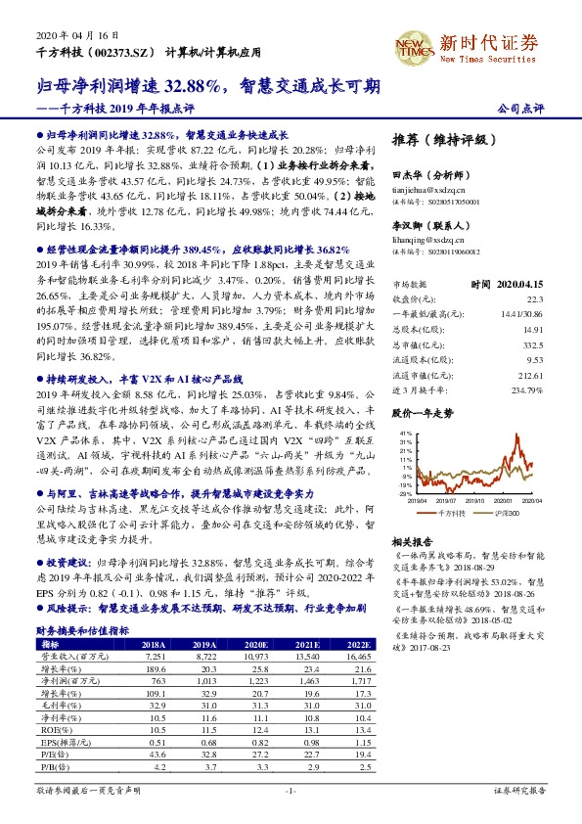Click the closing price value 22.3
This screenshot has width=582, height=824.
[x=533, y=270]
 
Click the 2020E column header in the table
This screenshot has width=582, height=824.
[x=255, y=645]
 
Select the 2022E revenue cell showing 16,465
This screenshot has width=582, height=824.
[x=358, y=658]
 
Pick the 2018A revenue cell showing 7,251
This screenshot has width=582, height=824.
[x=154, y=658]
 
